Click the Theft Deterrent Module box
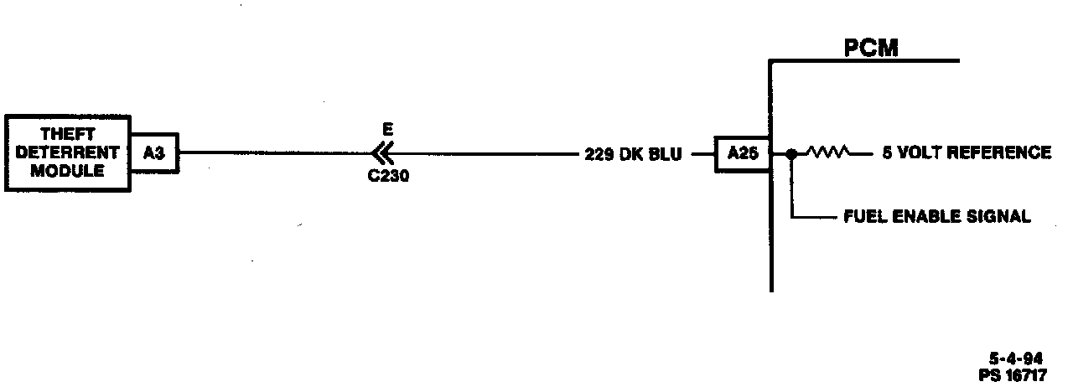click(67, 152)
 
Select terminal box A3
click(153, 153)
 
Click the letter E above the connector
click(386, 130)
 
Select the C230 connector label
click(388, 177)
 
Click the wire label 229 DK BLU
click(633, 154)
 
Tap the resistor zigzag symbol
click(827, 153)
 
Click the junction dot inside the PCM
click(790, 154)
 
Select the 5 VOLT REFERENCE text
click(966, 153)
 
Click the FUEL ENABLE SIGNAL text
click(936, 217)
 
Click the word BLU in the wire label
click(666, 154)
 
